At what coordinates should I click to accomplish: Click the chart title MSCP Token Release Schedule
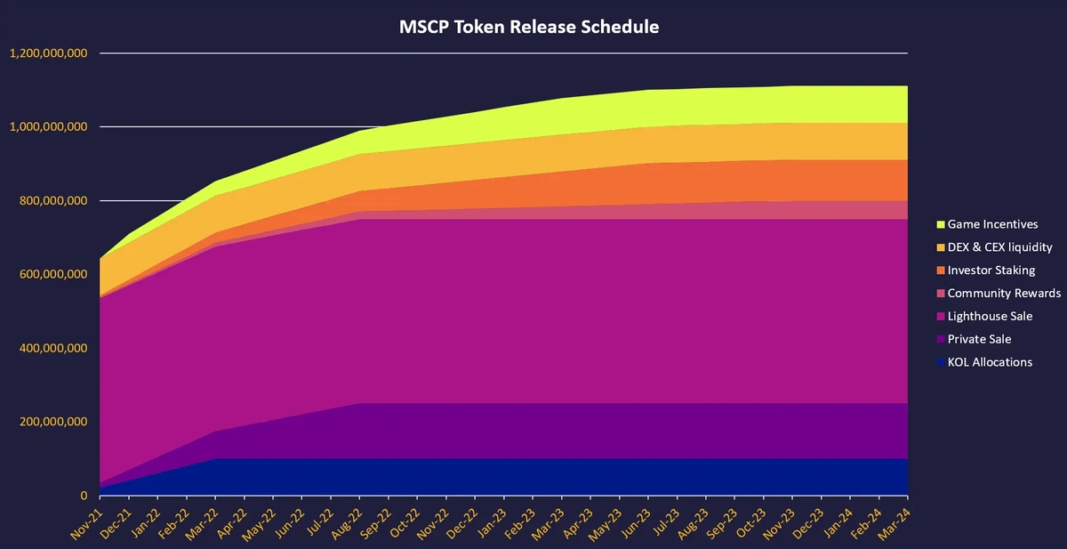(529, 27)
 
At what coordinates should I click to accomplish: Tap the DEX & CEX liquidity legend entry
(999, 247)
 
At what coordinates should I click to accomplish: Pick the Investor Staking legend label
(991, 270)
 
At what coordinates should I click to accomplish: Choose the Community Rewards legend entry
(1004, 294)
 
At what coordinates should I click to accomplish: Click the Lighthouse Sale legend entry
(990, 317)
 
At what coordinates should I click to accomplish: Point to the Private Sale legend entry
(979, 339)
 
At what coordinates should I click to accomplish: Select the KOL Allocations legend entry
(990, 362)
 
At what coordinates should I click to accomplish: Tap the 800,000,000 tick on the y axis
(53, 201)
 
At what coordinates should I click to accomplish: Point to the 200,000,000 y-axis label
(53, 422)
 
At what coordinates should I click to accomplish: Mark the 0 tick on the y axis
(84, 496)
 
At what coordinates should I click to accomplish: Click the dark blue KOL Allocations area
(533, 477)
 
